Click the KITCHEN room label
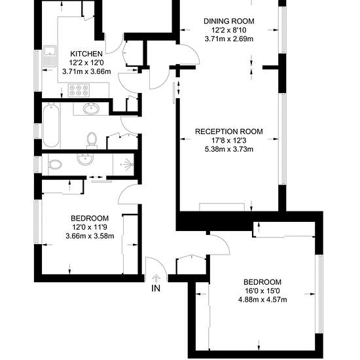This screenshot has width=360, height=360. pos(86,54)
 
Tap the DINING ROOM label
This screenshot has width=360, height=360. pos(229,21)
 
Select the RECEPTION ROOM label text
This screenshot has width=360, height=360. pos(229,132)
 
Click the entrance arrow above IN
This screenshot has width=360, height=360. pos(156,278)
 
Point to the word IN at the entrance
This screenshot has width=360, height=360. pos(156,289)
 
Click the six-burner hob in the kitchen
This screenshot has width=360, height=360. pos(79,90)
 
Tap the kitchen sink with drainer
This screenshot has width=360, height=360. pos(50,56)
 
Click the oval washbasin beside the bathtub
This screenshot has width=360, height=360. pos(92,109)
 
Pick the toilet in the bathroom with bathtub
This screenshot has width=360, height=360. pos(92,141)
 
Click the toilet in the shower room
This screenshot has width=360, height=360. pos(55,164)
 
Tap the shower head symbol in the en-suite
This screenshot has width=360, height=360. pos(128,164)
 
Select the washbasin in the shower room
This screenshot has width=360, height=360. pos(85,159)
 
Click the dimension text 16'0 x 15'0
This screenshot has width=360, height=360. pos(262,291)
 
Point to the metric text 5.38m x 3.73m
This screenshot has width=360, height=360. pos(229,149)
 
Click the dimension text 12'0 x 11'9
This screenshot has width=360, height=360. pos(90,227)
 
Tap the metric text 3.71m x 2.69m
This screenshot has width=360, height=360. pos(229,39)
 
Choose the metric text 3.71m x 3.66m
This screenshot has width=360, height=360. pos(86,71)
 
